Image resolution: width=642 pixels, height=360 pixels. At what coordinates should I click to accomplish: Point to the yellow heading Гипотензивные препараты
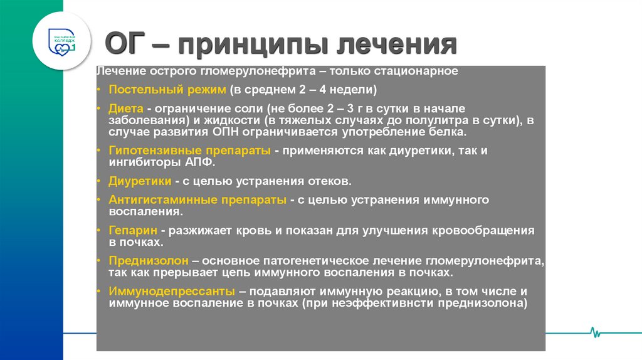(189, 151)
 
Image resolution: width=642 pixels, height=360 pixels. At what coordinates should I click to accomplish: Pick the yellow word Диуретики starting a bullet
(140, 181)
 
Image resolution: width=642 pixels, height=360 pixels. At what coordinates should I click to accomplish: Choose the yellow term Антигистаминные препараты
(197, 200)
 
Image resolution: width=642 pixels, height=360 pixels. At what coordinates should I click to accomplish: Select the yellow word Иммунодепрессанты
(172, 292)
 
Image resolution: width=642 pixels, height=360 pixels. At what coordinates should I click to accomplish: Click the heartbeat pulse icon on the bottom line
(592, 332)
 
